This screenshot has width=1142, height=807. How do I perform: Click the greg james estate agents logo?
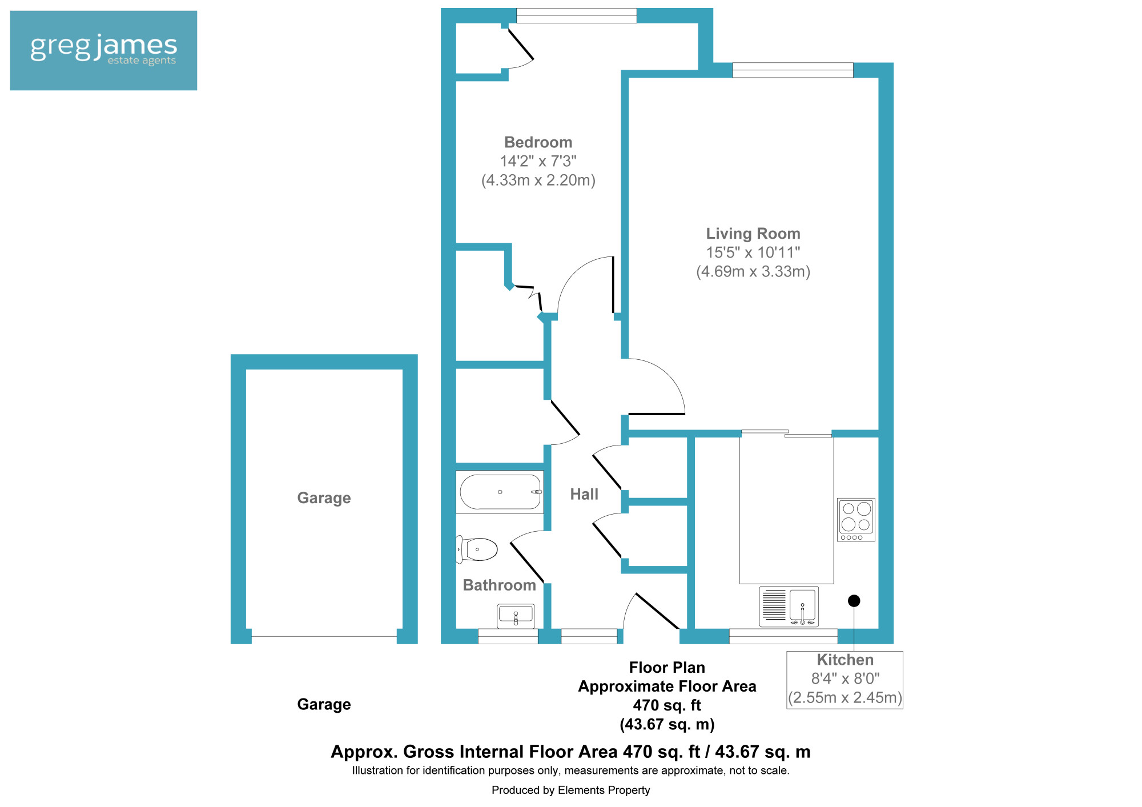click(103, 50)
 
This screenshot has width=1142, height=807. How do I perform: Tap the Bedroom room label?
click(538, 142)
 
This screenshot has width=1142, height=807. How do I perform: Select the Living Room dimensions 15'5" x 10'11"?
click(753, 252)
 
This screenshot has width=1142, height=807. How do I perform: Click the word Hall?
click(584, 494)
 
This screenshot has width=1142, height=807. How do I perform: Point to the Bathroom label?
click(499, 585)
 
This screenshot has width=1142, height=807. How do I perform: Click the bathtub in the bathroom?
click(500, 492)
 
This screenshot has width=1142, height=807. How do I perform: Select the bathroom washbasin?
click(516, 616)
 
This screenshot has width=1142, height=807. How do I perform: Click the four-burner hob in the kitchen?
click(856, 520)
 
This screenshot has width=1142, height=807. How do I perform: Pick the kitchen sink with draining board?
click(789, 606)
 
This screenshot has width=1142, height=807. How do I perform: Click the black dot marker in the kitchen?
click(854, 601)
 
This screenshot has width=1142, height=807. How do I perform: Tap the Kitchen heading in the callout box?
click(845, 660)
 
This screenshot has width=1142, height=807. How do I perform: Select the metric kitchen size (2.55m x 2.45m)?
click(845, 697)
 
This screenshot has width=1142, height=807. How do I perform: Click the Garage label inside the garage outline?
click(324, 498)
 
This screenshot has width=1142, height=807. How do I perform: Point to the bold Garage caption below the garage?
click(324, 704)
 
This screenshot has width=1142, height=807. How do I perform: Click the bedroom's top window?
click(576, 16)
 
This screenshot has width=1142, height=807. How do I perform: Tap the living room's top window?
click(793, 70)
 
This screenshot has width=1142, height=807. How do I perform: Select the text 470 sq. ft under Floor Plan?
click(667, 705)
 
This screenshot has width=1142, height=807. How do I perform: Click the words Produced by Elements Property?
click(570, 790)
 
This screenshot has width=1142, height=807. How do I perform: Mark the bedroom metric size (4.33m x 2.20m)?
click(538, 180)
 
